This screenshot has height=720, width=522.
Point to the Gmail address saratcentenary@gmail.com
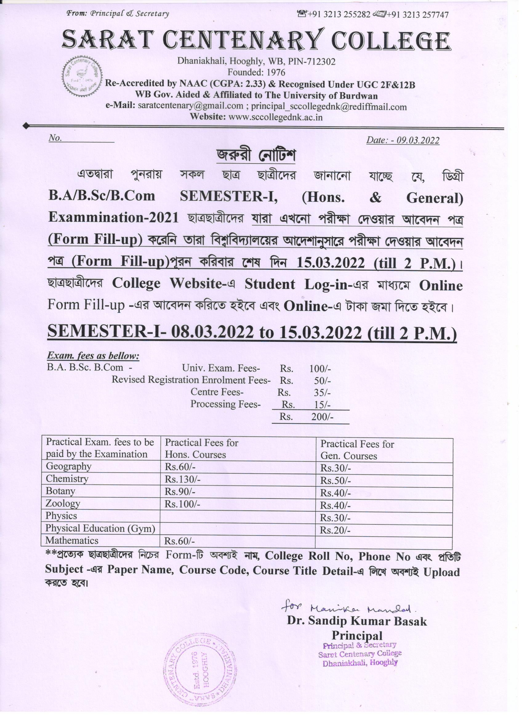pyautogui.click(x=191, y=106)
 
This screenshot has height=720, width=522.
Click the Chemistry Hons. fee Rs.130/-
pyautogui.click(x=183, y=479)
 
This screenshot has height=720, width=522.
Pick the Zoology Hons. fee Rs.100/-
pyautogui.click(x=183, y=504)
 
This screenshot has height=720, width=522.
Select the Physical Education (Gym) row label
pyautogui.click(x=100, y=528)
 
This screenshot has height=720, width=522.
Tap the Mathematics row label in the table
pyautogui.click(x=72, y=540)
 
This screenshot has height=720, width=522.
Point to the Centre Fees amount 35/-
pyautogui.click(x=322, y=393)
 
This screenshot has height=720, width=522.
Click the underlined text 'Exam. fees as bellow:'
pyautogui.click(x=93, y=356)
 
